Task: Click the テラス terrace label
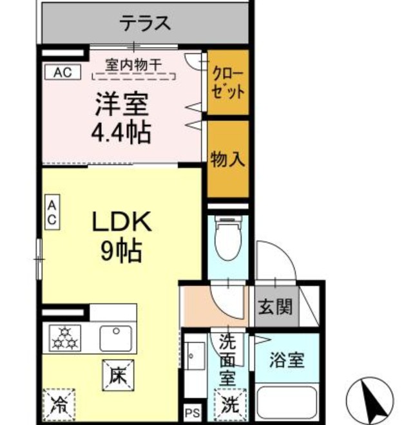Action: [145, 24]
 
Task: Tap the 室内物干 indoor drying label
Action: [133, 64]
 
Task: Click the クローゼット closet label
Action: [228, 82]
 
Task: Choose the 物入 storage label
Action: [228, 159]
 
